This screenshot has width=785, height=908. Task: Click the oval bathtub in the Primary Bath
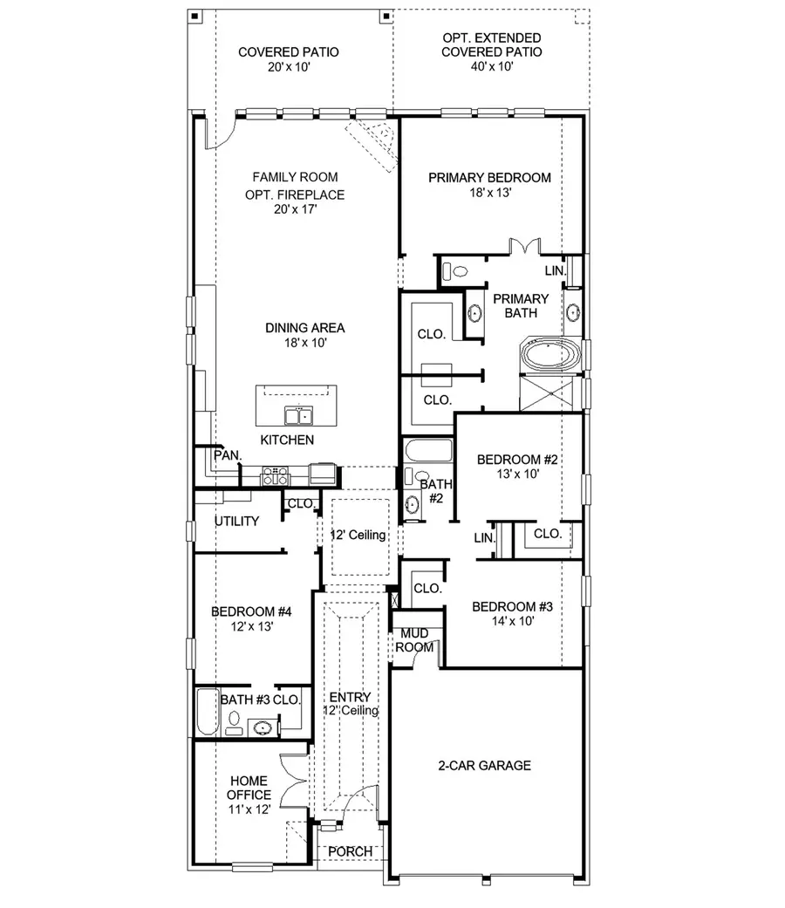pyautogui.click(x=549, y=355)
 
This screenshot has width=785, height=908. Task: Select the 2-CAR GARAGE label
pyautogui.click(x=484, y=766)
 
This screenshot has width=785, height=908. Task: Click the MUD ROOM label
pyautogui.click(x=414, y=641)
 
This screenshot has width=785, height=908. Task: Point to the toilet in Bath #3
pyautogui.click(x=233, y=720)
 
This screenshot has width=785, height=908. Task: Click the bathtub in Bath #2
pyautogui.click(x=428, y=452)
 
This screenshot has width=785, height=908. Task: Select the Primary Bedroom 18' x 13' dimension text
pyautogui.click(x=489, y=194)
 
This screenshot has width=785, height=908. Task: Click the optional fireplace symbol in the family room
pyautogui.click(x=374, y=137)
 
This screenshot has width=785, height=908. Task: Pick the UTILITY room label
pyautogui.click(x=237, y=522)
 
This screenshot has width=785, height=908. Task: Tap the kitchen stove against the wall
pyautogui.click(x=276, y=475)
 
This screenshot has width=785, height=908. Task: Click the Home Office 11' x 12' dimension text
pyautogui.click(x=249, y=809)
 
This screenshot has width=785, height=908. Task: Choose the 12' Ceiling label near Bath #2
pyautogui.click(x=358, y=535)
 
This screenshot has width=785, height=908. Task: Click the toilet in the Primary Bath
pyautogui.click(x=456, y=270)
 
